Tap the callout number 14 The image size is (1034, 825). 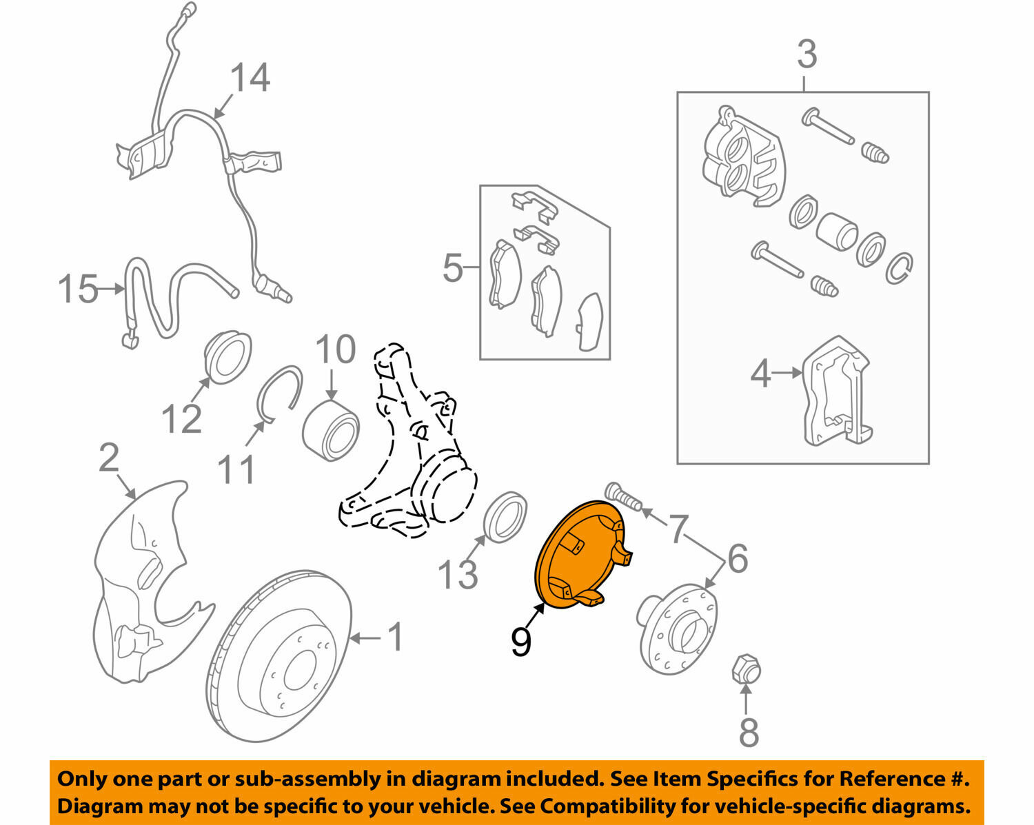(x=250, y=77)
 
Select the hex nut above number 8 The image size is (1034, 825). (x=745, y=669)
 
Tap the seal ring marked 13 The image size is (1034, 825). (x=507, y=518)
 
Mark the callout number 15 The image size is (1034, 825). (x=77, y=289)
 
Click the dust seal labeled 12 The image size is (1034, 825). (x=227, y=357)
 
